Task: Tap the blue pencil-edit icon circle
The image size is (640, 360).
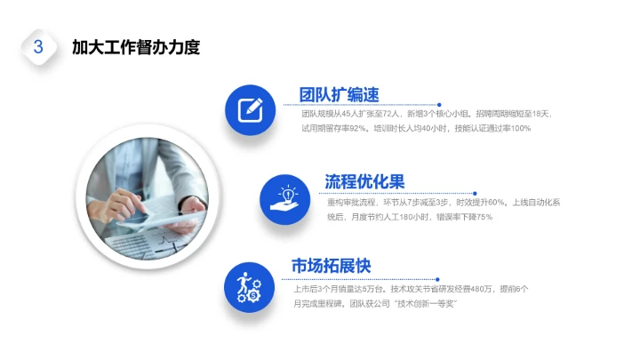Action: [250, 108]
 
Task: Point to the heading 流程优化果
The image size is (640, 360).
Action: [364, 182]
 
